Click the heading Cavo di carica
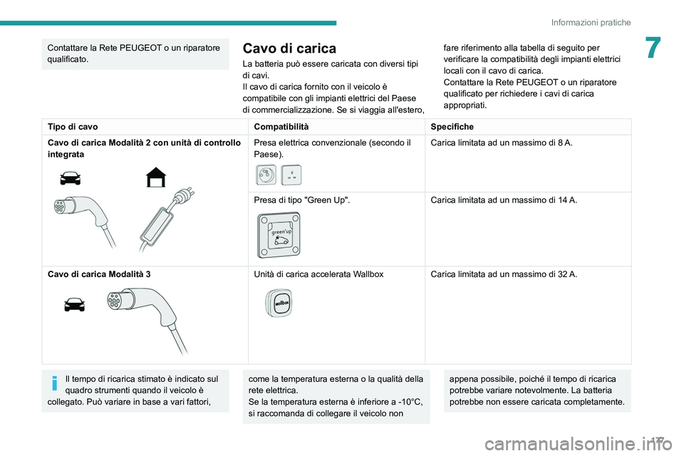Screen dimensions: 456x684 [x=289, y=48]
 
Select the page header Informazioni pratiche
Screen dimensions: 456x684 [x=590, y=22]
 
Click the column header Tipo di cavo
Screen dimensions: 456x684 [x=73, y=125]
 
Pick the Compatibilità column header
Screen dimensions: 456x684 [x=281, y=125]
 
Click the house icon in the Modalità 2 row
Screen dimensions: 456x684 [x=155, y=175]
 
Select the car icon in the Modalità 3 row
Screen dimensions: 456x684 [x=74, y=305]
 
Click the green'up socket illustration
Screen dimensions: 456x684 [x=277, y=234]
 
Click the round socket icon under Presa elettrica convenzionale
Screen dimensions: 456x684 [x=265, y=175]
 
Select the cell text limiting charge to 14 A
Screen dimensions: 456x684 [x=503, y=200]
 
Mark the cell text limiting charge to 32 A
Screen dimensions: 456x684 [x=503, y=274]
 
